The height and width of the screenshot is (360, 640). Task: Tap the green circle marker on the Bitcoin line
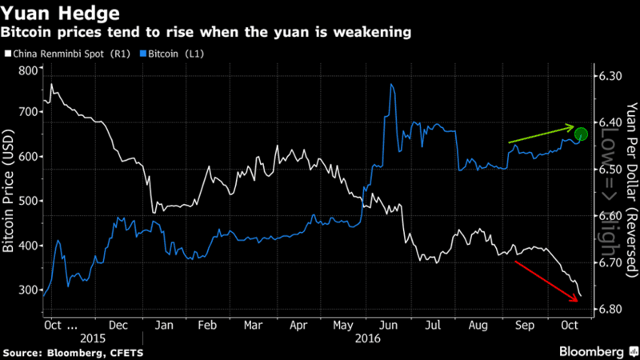tap(581, 134)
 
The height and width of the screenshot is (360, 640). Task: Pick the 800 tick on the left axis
tap(30, 70)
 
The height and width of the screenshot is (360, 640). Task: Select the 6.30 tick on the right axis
tap(610, 76)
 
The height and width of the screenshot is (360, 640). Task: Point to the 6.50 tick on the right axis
tap(610, 170)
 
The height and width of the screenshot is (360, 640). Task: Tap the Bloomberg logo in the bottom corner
tap(593, 350)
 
